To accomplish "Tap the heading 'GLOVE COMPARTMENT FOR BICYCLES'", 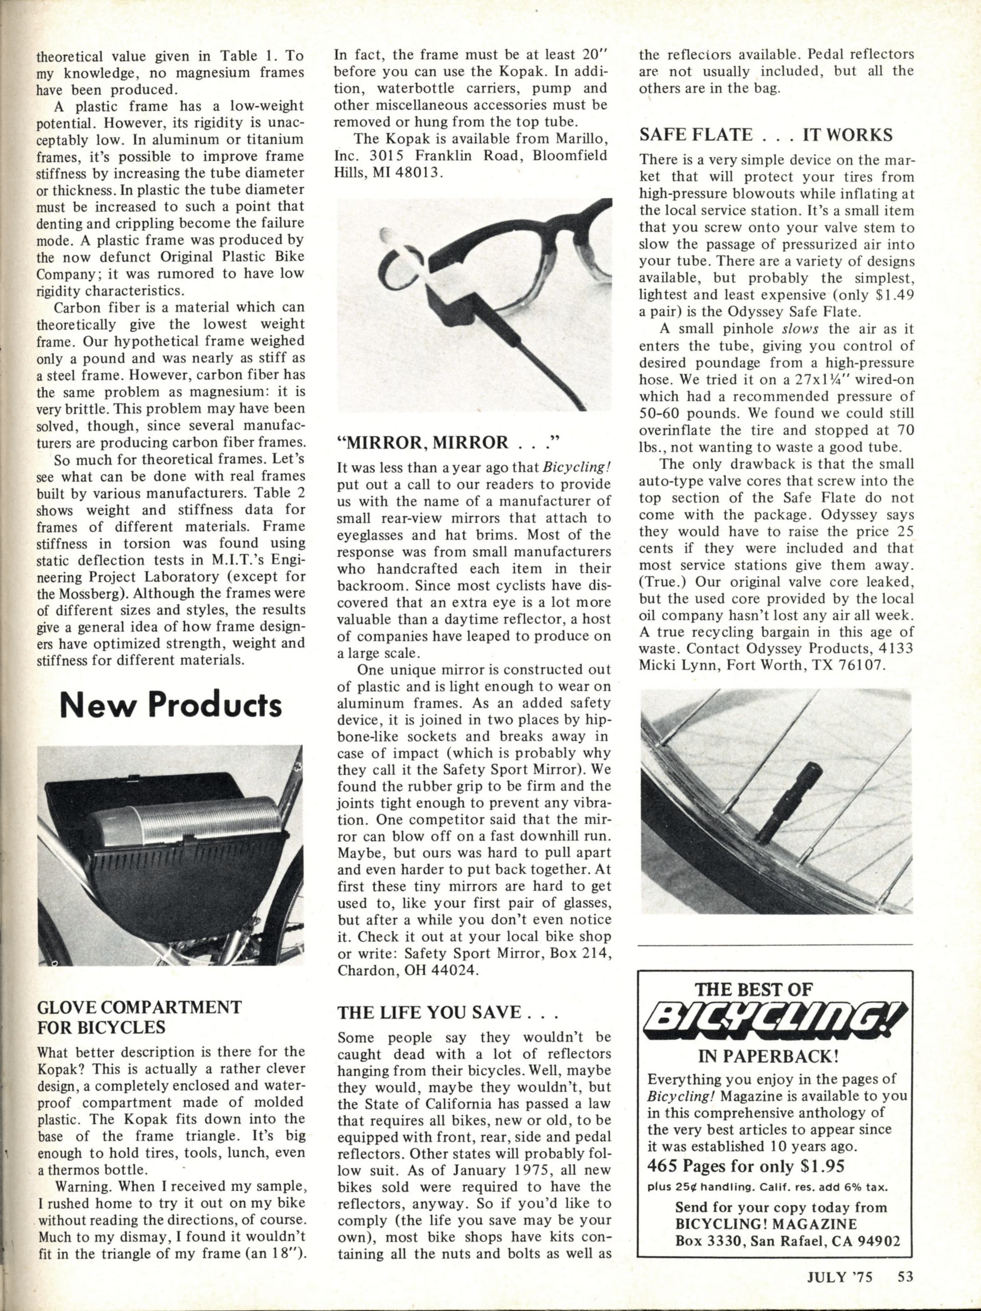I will coord(139,1016).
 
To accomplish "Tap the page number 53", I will coord(904,1290).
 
